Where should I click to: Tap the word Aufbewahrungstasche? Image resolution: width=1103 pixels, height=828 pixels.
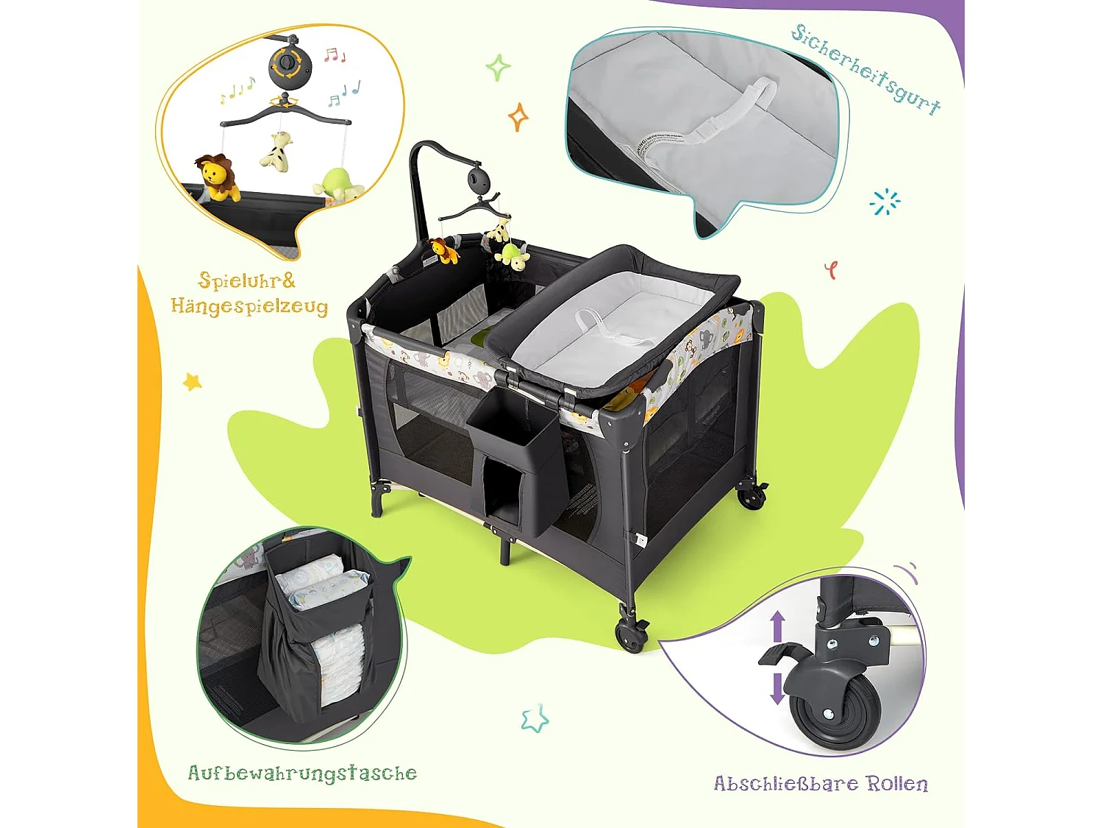(302, 773)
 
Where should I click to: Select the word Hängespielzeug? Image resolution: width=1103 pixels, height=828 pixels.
(249, 305)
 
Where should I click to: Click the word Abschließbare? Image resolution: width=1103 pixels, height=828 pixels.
(785, 783)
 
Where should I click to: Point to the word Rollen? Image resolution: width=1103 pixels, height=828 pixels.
(897, 783)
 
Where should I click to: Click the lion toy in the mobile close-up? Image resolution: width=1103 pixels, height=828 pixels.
(217, 177)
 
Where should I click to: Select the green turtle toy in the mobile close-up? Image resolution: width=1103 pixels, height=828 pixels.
(336, 184)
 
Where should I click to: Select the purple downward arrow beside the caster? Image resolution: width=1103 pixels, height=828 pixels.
(777, 687)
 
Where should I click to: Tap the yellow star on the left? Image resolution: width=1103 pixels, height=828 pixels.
(192, 381)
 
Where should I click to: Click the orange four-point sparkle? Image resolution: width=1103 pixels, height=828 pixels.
(518, 116)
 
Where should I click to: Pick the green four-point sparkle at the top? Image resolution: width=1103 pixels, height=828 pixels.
(498, 68)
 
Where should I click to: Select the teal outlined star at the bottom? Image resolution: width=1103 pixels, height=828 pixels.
(535, 718)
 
